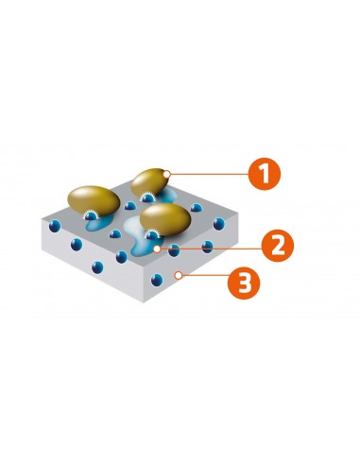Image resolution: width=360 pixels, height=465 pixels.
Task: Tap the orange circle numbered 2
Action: [x=276, y=245]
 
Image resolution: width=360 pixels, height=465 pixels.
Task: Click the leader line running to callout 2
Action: [x=208, y=247]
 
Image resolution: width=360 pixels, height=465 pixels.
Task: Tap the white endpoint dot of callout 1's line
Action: [x=166, y=173]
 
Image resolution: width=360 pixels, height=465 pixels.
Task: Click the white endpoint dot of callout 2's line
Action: [x=156, y=249]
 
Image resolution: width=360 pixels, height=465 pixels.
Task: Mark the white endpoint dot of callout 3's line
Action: [x=178, y=276]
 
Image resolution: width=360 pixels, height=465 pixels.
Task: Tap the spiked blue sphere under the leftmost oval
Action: [x=91, y=218]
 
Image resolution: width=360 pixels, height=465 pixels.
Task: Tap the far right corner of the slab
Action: [x=237, y=214]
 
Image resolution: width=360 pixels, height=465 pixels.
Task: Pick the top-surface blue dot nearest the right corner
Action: [x=219, y=223]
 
